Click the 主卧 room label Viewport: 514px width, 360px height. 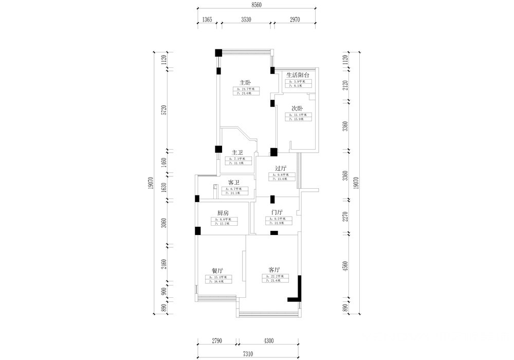tap(245, 82)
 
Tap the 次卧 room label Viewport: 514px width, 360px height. tap(297, 109)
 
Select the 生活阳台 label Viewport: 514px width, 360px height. tap(298, 75)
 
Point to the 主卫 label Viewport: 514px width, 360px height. tap(237, 152)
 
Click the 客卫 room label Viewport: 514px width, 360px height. tap(234, 183)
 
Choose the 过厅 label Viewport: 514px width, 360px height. tap(281, 168)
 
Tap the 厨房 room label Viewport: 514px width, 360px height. tap(223, 213)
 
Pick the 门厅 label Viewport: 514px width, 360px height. tap(277, 212)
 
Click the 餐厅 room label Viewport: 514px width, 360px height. tap(217, 271)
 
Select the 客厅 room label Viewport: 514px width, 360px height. tap(274, 269)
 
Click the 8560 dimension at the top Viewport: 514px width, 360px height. tap(257, 5)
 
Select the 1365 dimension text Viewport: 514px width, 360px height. tap(206, 20)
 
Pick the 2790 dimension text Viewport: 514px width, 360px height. tap(217, 340)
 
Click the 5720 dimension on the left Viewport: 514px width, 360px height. tap(164, 110)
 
